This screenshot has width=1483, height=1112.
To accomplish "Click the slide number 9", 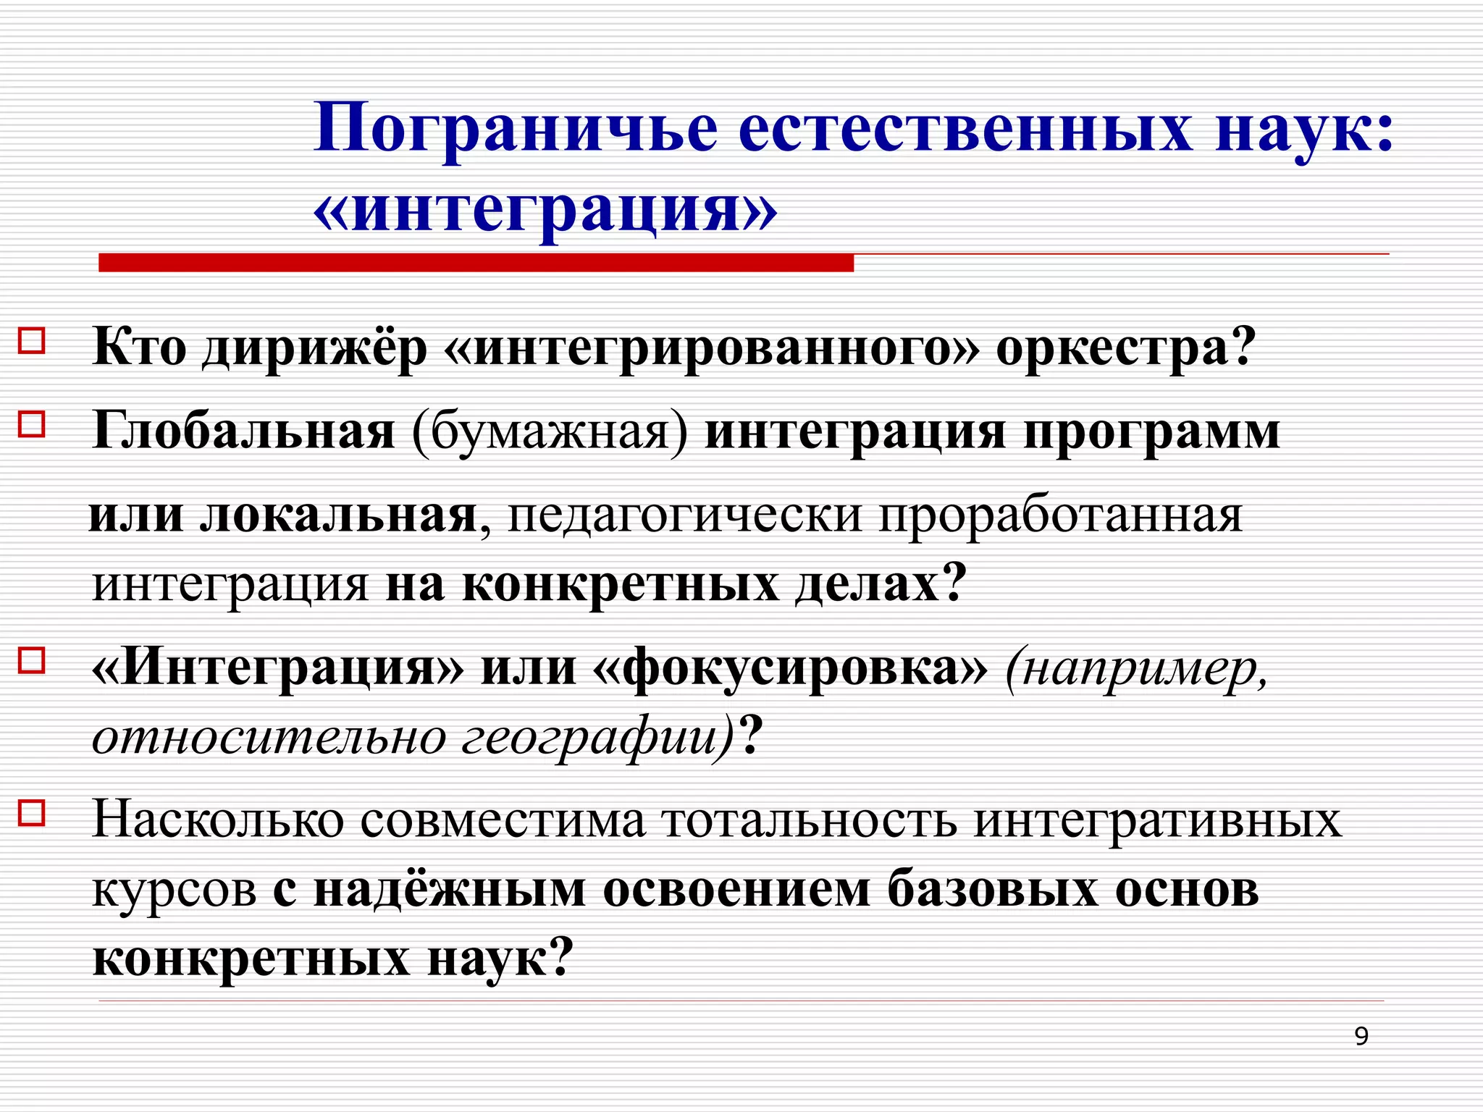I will pyautogui.click(x=1361, y=1037).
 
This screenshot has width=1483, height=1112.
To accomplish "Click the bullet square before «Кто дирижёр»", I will pyautogui.click(x=32, y=340).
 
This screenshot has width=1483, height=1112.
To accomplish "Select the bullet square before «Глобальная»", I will pyautogui.click(x=32, y=424).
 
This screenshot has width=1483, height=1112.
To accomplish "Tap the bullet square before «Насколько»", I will pyautogui.click(x=32, y=812).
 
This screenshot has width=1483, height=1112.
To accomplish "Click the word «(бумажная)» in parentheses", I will pyautogui.click(x=550, y=432).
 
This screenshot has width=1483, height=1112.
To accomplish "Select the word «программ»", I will pyautogui.click(x=1151, y=432).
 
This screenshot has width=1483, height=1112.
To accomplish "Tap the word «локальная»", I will pyautogui.click(x=339, y=515).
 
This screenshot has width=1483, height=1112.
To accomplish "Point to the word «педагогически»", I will pyautogui.click(x=685, y=515).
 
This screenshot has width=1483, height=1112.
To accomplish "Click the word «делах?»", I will pyautogui.click(x=881, y=584).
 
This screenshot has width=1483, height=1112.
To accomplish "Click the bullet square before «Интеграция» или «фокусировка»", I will pyautogui.click(x=32, y=660).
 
